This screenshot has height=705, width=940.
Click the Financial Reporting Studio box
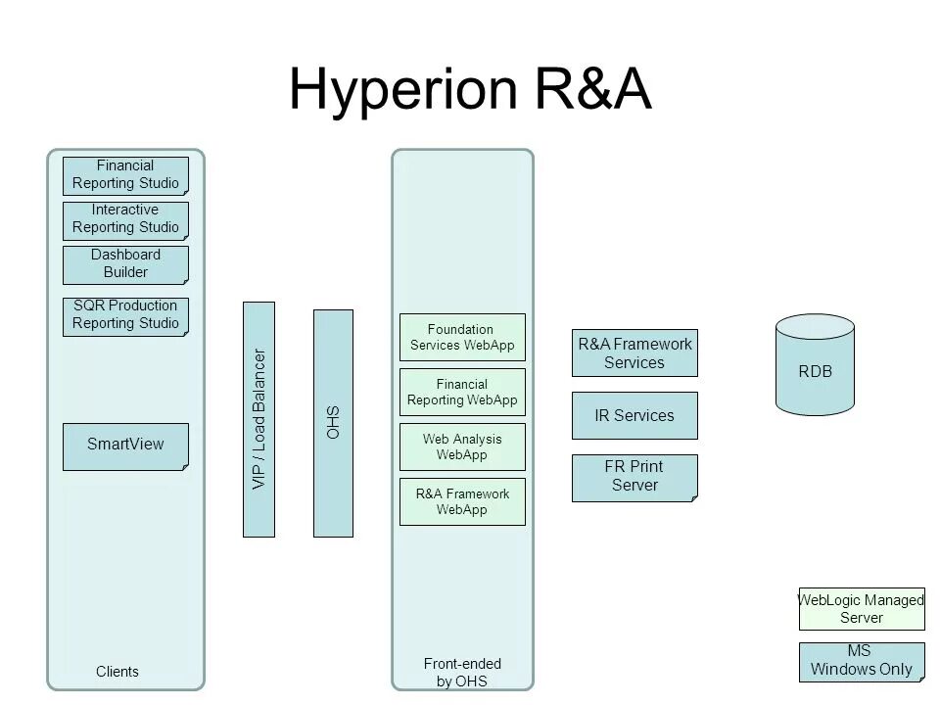(x=125, y=175)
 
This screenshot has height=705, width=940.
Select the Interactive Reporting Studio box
(x=125, y=220)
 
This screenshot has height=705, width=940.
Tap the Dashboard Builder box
(x=125, y=264)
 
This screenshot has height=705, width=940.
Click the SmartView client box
(x=125, y=446)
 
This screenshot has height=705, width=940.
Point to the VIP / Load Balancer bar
(x=258, y=419)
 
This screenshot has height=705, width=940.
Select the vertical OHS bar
(x=332, y=423)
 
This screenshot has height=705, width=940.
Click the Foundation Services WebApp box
(x=462, y=338)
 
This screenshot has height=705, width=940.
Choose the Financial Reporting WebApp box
(x=462, y=393)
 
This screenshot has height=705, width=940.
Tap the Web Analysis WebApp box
(x=462, y=446)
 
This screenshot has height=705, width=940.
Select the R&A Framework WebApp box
(x=462, y=501)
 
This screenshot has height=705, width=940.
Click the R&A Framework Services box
(x=634, y=353)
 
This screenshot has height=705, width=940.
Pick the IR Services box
(x=634, y=416)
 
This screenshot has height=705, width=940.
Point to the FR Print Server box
(x=634, y=477)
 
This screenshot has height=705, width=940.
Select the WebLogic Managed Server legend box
(x=862, y=609)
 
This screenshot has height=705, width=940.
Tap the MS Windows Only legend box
(x=862, y=662)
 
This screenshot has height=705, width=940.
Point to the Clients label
(x=117, y=672)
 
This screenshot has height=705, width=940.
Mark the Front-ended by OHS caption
(x=462, y=673)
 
